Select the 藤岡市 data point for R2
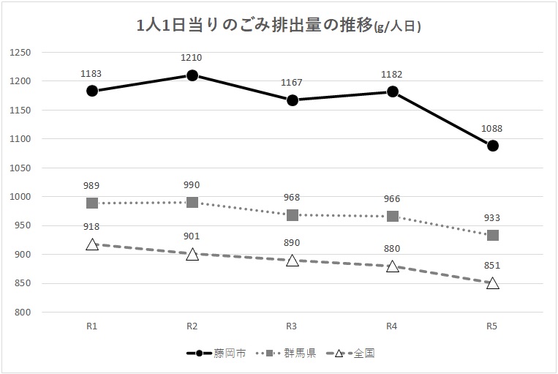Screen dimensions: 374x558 pyautogui.click(x=192, y=75)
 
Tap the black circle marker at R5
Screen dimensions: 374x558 pyautogui.click(x=493, y=146)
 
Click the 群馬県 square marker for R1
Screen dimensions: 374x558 pyautogui.click(x=92, y=203)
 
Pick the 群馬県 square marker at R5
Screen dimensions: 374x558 pyautogui.click(x=493, y=236)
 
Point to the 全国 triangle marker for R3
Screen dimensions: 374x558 pyautogui.click(x=293, y=260)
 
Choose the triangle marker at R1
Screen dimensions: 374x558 pyautogui.click(x=92, y=244)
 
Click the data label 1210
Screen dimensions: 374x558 pyautogui.click(x=192, y=57)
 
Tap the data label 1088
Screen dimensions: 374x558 pyautogui.click(x=493, y=128)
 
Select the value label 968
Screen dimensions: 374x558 pyautogui.click(x=293, y=198)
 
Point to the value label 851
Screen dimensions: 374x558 pyautogui.click(x=493, y=266)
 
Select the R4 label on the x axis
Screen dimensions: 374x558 pyautogui.click(x=393, y=326)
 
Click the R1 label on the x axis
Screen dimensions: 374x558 pyautogui.click(x=92, y=326)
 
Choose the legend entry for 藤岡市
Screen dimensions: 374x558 pyautogui.click(x=216, y=353)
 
